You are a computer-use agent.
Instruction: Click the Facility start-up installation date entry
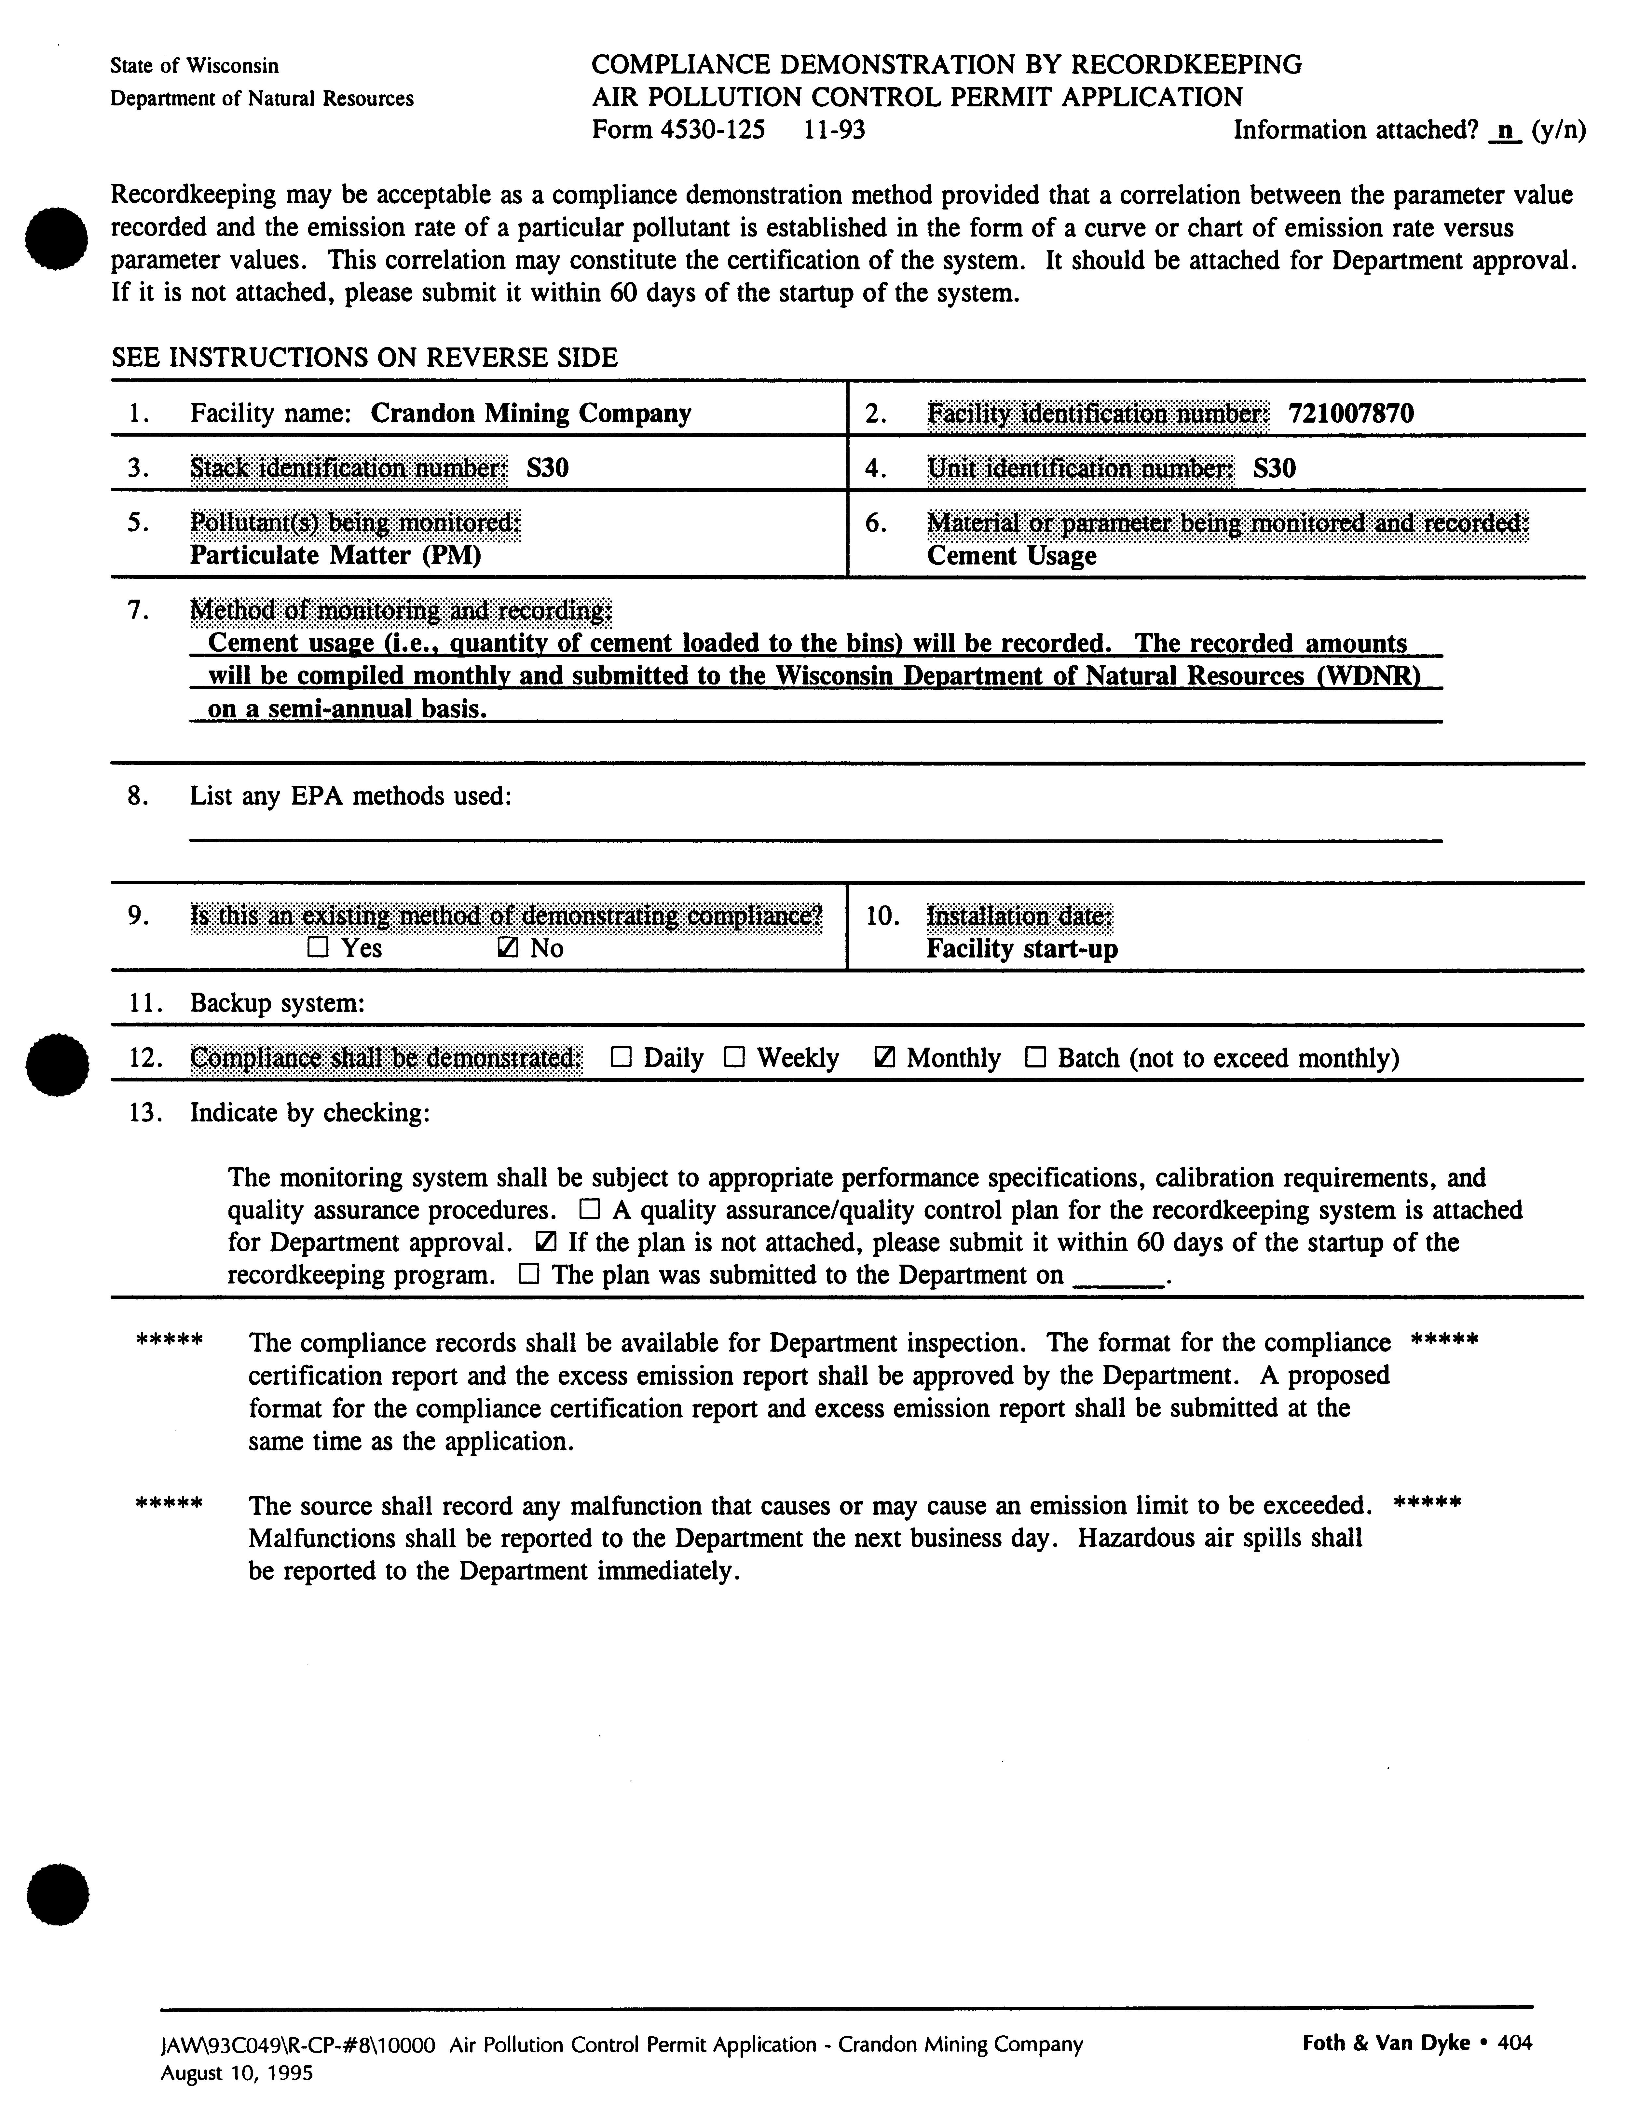(x=1021, y=948)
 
